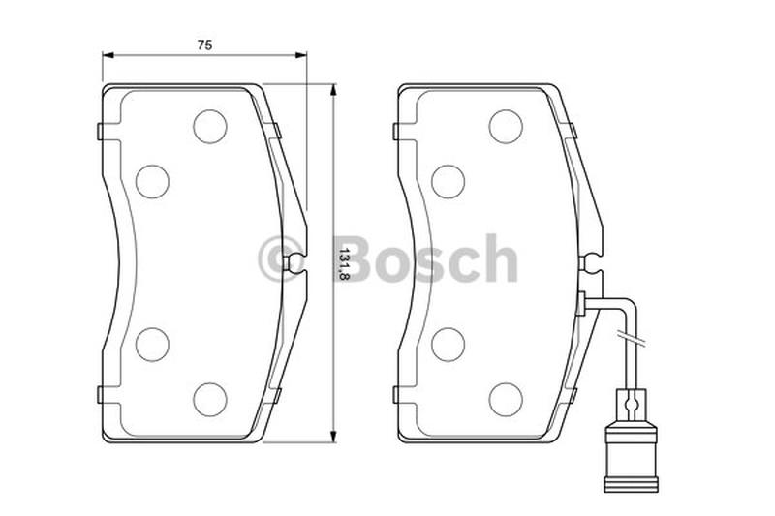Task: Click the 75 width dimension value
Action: tap(204, 45)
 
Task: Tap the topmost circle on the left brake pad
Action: tap(210, 127)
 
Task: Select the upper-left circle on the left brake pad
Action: tap(152, 182)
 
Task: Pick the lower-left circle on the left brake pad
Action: tap(152, 345)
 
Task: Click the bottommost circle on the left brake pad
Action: tap(210, 400)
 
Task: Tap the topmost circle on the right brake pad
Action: tap(506, 127)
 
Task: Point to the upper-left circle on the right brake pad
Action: tap(448, 182)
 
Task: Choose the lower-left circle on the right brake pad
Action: tap(448, 345)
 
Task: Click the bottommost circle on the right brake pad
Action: tap(506, 400)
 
